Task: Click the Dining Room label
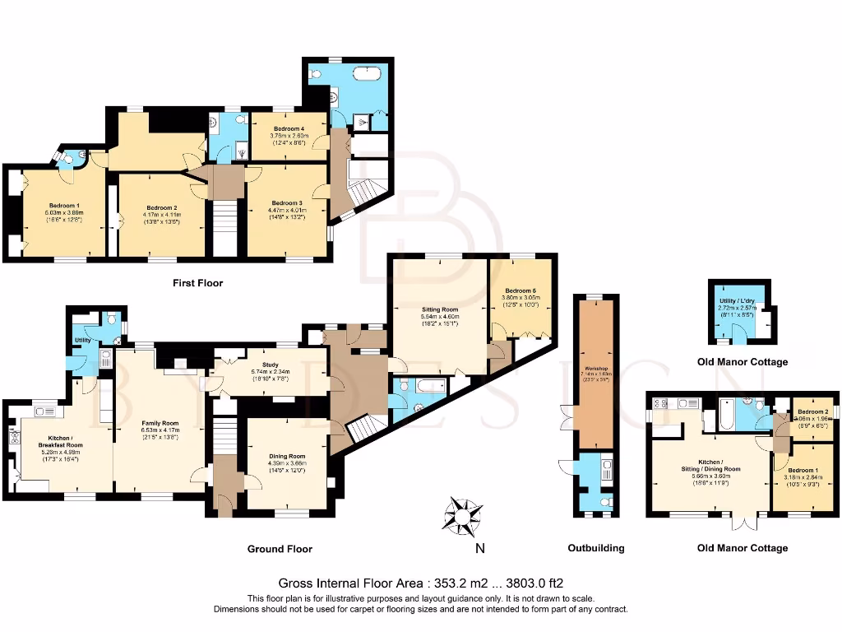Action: click(x=286, y=456)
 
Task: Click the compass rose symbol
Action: click(x=463, y=515)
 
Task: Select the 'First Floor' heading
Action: click(x=197, y=283)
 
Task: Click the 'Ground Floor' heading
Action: click(x=280, y=548)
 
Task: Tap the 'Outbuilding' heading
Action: click(x=596, y=548)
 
